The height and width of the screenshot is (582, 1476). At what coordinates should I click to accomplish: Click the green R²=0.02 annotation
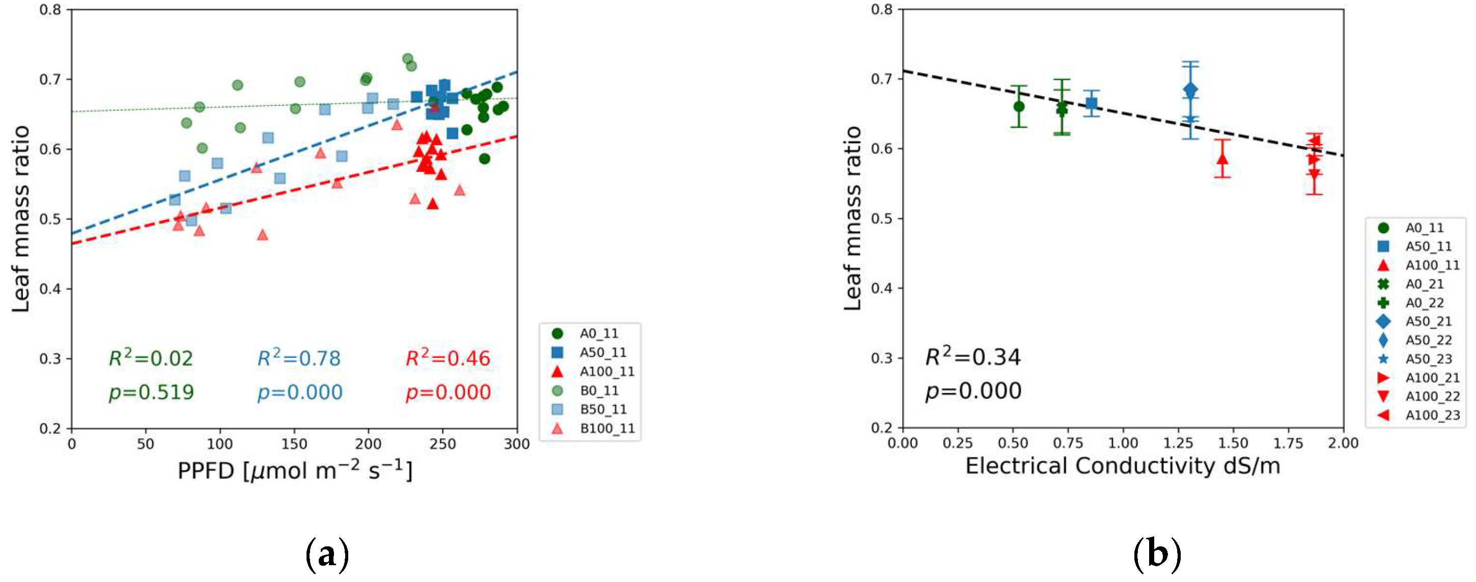pos(151,358)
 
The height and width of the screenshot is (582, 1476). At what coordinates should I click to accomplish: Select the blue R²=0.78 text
pos(299,358)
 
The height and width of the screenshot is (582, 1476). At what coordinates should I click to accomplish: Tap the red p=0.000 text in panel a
pos(448,393)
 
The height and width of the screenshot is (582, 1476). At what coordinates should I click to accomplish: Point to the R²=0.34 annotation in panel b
pos(973,357)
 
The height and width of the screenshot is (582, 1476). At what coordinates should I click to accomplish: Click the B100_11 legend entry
pos(606,429)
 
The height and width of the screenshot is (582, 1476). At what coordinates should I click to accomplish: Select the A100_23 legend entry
pos(1432,415)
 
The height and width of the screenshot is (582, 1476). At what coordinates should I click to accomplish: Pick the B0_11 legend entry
pos(598,391)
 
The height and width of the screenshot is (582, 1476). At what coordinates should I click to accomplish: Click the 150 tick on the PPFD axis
pos(294,444)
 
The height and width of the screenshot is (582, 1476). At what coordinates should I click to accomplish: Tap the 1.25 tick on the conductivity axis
pos(1178,443)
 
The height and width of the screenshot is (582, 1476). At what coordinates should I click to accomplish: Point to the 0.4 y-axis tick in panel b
pos(881,288)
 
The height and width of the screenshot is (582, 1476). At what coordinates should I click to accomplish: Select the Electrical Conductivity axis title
pos(1123,466)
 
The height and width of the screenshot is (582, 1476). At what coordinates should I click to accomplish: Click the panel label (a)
pos(327,554)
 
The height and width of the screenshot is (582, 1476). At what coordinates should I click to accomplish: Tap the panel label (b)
pos(1157,554)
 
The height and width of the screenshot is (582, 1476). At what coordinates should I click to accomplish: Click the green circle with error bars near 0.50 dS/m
pos(1018,106)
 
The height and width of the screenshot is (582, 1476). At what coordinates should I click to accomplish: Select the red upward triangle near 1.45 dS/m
pos(1222,159)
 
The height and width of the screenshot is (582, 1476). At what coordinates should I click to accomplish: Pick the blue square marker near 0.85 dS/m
pos(1091,103)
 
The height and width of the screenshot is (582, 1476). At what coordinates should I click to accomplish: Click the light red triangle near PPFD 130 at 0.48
pos(262,235)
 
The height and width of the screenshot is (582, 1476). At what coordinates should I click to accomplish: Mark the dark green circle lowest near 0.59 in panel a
pos(484,159)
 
